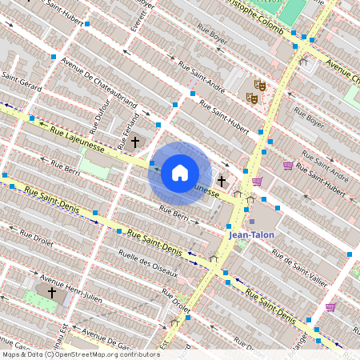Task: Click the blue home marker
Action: click(180, 173)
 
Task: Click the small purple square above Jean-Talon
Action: click(252, 222)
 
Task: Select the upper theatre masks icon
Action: click(259, 84)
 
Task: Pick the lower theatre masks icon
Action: click(251, 98)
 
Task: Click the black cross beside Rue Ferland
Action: click(135, 142)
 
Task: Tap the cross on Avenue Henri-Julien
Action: click(52, 293)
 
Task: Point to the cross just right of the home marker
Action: click(222, 182)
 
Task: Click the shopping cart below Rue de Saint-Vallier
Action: click(330, 307)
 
